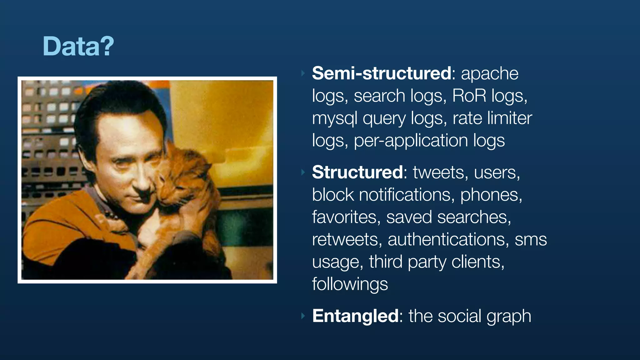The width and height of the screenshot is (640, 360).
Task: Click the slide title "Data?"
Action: coord(78,46)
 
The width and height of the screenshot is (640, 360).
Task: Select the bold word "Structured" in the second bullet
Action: coord(357,172)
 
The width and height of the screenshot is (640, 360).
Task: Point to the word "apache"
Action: coord(489,74)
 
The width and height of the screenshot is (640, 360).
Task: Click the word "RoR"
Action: coord(469,96)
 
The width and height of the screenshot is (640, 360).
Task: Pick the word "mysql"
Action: coord(335,118)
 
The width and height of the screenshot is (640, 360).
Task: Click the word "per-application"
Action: coord(411,141)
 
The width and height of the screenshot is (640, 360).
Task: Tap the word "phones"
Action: coord(491,195)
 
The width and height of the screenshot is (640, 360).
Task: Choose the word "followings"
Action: coord(350,284)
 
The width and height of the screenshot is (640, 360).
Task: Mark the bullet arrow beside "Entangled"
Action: coord(302,316)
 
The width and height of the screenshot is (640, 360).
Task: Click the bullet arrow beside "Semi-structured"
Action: coord(302,73)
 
